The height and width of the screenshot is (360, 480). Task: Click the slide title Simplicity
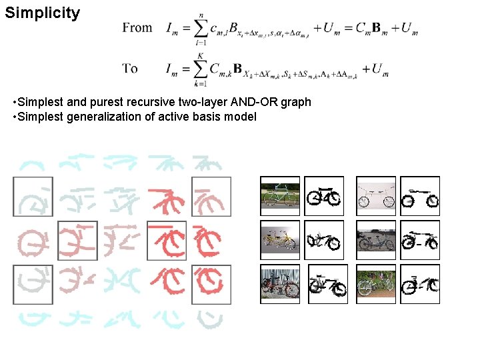[x=42, y=13]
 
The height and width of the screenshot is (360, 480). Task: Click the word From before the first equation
[x=137, y=28]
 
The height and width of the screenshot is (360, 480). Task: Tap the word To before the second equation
[x=131, y=68]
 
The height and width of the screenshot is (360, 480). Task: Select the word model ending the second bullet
[x=241, y=117]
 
